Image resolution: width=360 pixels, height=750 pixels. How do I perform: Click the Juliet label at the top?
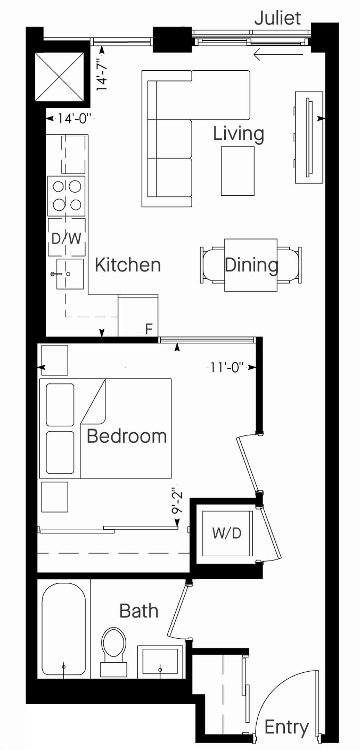[277, 18]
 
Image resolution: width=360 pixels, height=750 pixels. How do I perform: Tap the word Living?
[238, 134]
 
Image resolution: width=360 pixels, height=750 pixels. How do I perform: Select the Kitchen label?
[128, 265]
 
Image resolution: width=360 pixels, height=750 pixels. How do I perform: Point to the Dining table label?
[251, 265]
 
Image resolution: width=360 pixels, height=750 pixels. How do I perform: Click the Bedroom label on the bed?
[127, 436]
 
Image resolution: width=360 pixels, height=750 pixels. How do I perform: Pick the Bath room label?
[139, 611]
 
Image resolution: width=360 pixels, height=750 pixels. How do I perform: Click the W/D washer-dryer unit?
[227, 534]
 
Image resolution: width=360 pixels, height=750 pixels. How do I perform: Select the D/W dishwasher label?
[66, 239]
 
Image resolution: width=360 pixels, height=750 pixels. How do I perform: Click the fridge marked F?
[138, 315]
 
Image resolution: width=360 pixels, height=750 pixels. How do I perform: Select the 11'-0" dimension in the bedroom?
[227, 368]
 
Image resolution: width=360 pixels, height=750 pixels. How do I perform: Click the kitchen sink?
[70, 274]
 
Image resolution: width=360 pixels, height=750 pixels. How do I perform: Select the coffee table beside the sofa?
[238, 171]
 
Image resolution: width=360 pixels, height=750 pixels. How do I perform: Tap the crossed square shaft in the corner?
[60, 77]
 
